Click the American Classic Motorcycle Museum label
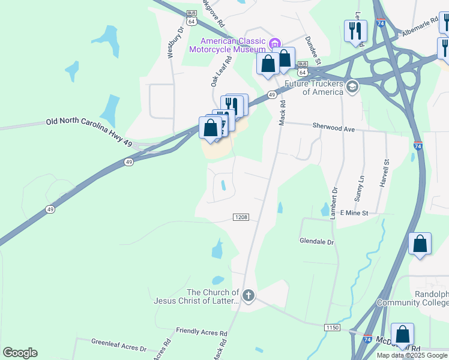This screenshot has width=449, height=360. point(228,45)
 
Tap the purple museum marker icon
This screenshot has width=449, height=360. point(276,43)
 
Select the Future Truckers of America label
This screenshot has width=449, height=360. point(314,88)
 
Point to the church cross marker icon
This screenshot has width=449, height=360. point(249,295)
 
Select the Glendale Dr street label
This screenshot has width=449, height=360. point(316,241)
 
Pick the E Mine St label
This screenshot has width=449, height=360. point(354,213)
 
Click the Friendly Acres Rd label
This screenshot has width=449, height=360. point(201,331)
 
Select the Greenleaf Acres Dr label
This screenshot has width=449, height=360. point(119,347)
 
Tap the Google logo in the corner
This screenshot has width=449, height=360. point(20,353)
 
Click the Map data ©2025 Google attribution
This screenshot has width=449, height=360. point(411,355)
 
